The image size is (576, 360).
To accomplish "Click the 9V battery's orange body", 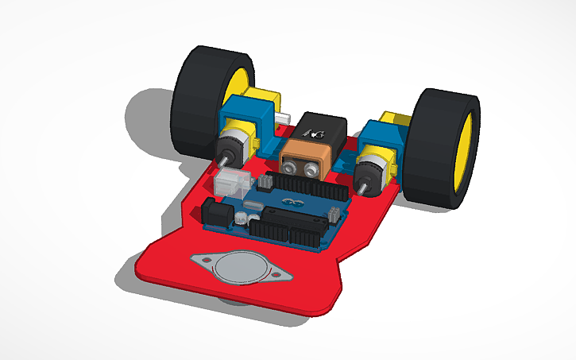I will point(306,159).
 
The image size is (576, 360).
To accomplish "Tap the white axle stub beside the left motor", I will point(281,119).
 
